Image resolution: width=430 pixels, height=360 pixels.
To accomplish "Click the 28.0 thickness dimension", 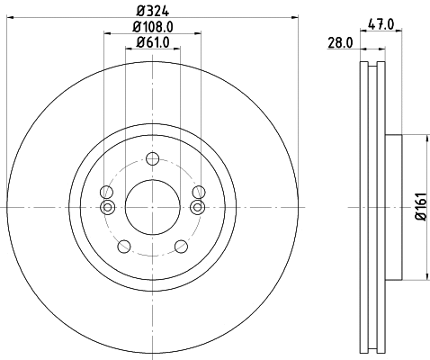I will coord(340,42).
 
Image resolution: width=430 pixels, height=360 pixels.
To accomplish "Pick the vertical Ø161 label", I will coord(419,208).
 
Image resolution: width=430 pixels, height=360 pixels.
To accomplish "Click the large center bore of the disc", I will coord(152,207).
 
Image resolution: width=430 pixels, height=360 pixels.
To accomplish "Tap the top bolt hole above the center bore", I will coord(152,160).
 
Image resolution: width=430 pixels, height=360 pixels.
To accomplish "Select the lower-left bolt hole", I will coord(124,245).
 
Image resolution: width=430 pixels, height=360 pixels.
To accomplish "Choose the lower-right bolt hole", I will coord(180,245).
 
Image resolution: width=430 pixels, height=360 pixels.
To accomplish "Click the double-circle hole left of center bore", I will coord(107,208).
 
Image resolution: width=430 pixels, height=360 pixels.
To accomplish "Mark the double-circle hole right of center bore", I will coord(197,208).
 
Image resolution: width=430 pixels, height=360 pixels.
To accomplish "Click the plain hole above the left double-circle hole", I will coord(107,192).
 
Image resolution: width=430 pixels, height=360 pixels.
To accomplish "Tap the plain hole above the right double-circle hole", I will coord(197,192).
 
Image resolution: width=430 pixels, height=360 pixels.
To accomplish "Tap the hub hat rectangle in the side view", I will coord(392,207).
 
